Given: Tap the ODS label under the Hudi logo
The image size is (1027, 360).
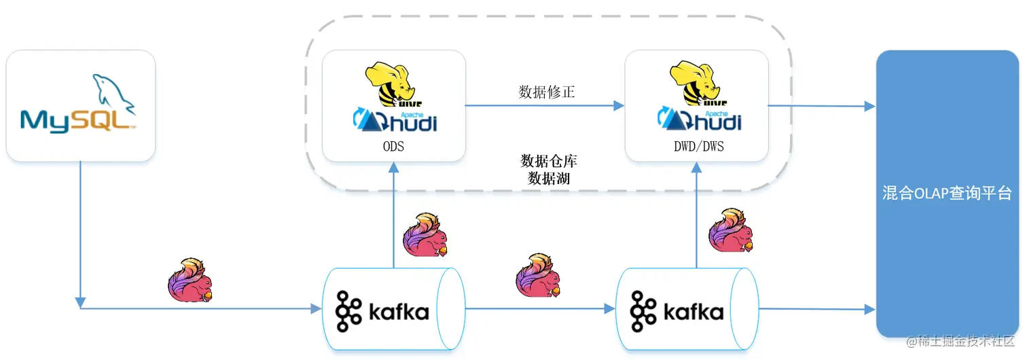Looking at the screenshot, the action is point(393,147).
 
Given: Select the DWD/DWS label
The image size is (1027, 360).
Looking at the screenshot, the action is point(699,147).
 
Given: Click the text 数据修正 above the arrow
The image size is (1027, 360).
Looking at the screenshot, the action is point(547,92).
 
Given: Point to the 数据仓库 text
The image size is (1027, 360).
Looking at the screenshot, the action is point(549,161).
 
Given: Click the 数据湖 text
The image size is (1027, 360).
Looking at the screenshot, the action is point(549,178).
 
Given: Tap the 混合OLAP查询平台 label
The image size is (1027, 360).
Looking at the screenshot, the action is point(948,193).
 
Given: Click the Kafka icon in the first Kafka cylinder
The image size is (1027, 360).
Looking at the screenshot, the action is point(348,311).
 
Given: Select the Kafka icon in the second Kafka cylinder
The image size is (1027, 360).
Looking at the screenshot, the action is point(643,311).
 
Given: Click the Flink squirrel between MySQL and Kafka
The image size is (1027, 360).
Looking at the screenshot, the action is point(190,280).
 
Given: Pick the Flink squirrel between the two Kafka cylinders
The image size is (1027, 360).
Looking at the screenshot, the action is point(538,275).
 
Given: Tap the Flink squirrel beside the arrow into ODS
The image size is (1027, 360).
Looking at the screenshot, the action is point(425,234).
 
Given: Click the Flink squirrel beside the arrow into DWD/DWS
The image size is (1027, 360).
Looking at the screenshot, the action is point(731,230).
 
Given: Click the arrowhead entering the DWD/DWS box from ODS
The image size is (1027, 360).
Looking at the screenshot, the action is point(619,106).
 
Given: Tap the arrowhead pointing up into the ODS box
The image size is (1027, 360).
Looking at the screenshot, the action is point(393,167).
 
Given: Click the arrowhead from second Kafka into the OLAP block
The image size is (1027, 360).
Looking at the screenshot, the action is point(869,310).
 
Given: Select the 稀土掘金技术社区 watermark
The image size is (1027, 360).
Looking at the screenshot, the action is point(960,341).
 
